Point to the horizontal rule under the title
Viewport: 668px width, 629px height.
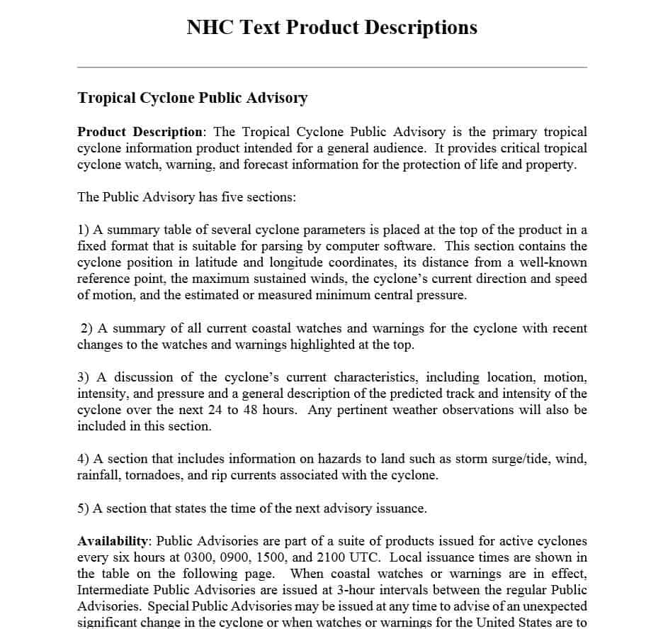tap(332, 67)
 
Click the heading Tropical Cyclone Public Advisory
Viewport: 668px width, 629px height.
tap(192, 98)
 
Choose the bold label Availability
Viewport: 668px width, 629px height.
tap(113, 541)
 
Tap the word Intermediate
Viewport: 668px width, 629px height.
tap(113, 590)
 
